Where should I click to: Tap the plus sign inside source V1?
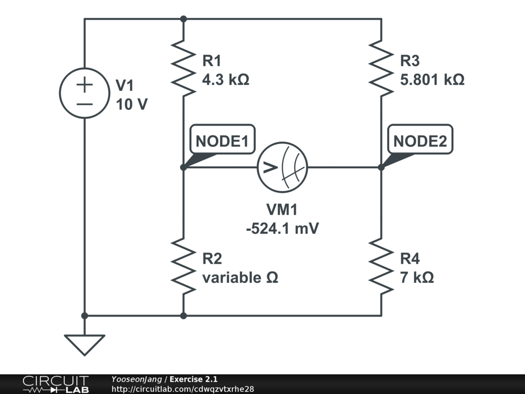(x=85, y=84)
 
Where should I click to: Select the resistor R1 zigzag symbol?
(x=184, y=68)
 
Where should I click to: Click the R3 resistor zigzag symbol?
(x=381, y=68)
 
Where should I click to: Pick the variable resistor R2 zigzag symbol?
(x=184, y=266)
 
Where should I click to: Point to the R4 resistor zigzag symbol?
(x=381, y=266)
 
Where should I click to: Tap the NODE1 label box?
(x=223, y=140)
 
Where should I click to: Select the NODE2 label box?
(x=420, y=140)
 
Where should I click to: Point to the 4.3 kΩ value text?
(x=226, y=80)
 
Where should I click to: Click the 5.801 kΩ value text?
(x=432, y=80)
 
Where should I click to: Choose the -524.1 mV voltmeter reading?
(x=282, y=228)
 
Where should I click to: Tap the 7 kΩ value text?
(x=417, y=278)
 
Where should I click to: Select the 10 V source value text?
(x=132, y=105)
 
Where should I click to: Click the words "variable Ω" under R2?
(x=240, y=278)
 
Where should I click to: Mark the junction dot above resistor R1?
(x=184, y=19)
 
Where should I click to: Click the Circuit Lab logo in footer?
(x=55, y=384)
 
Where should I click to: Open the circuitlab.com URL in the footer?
(x=183, y=389)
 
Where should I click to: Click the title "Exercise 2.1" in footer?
(x=193, y=379)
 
